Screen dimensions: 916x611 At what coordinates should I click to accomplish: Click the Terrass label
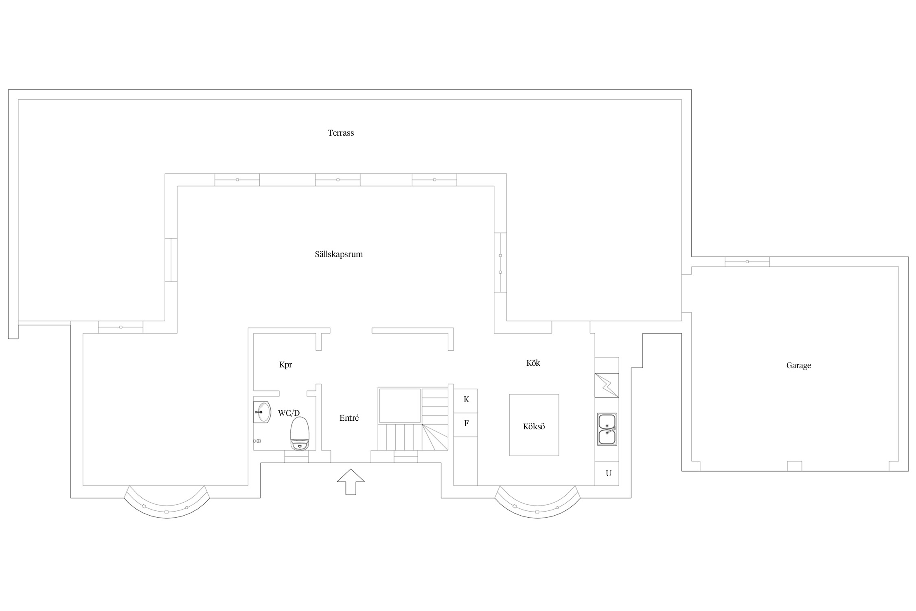coord(341,133)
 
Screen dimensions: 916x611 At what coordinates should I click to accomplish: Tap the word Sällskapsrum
coord(339,254)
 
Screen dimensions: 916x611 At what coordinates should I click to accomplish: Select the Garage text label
coord(798,365)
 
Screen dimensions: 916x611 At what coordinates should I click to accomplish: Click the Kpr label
coord(285,365)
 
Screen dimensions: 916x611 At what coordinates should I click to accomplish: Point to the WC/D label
coord(289,413)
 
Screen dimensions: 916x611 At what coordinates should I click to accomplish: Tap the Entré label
coord(349,418)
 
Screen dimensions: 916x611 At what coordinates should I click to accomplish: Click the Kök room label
coord(533,363)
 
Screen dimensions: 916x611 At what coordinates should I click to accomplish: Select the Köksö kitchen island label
coord(534,426)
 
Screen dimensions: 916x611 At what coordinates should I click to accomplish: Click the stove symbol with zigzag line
coord(607,385)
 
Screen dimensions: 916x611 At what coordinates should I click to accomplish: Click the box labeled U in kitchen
coord(607,473)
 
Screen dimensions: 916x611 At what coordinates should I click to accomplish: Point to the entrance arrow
coord(351,481)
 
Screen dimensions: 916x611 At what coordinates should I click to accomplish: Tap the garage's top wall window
coord(747,262)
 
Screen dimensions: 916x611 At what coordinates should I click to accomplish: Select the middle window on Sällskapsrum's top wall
coord(337,180)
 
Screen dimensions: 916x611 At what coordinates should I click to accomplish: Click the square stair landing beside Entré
coord(400,406)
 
